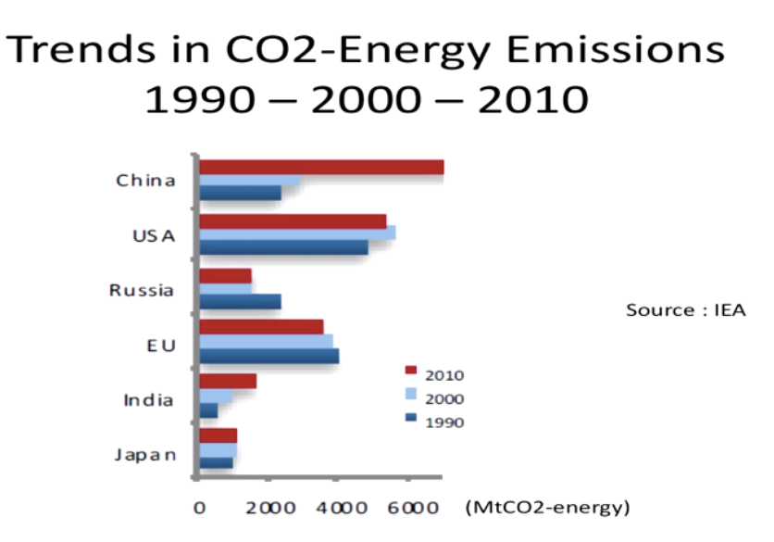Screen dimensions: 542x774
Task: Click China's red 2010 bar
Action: pos(321,168)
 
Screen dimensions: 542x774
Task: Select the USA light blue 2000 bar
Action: pos(297,233)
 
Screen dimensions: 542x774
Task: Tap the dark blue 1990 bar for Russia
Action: pos(240,301)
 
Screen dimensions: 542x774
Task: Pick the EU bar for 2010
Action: pos(262,327)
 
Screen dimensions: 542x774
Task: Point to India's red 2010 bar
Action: pos(228,381)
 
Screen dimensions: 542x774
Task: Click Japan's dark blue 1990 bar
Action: pos(217,462)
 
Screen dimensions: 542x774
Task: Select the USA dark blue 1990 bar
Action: pos(283,247)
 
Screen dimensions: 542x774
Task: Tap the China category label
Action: pos(145,181)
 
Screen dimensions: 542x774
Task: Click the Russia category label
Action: pos(142,290)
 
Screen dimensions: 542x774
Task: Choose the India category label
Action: pos(148,400)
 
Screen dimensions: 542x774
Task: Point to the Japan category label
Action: pos(144,455)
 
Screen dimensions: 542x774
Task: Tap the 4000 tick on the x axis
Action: pos(336,508)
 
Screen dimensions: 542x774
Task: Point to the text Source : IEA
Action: pos(685,309)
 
